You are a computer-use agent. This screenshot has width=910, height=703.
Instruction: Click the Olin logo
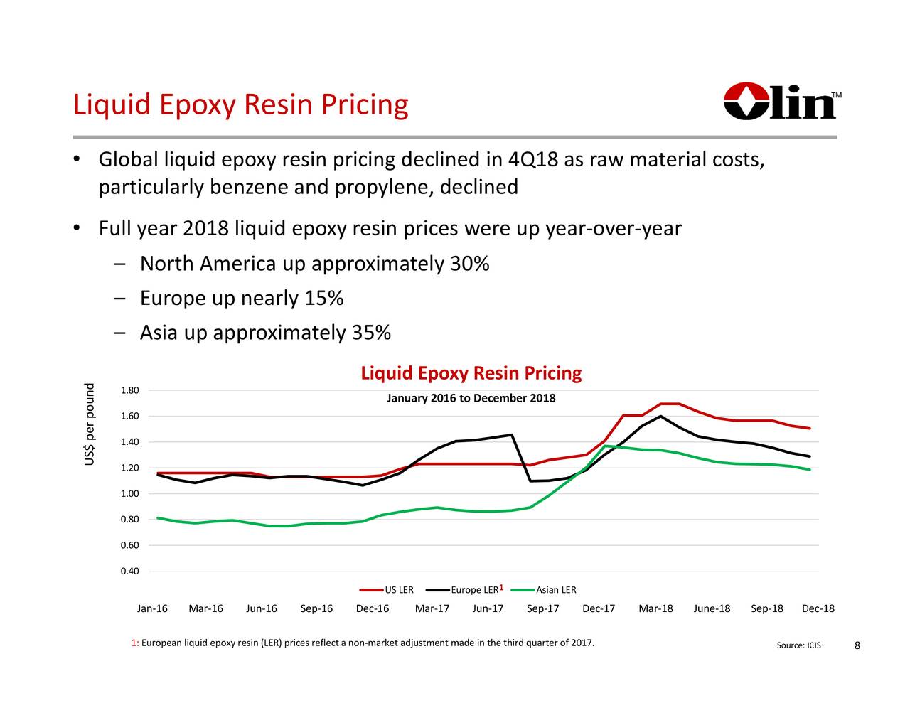[781, 102]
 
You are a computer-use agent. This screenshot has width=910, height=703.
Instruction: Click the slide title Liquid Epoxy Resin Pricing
[240, 105]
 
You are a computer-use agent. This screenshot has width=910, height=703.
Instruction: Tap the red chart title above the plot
[471, 373]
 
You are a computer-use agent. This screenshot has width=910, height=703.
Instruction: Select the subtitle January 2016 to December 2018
[471, 398]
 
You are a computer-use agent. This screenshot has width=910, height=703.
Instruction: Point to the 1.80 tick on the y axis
[130, 390]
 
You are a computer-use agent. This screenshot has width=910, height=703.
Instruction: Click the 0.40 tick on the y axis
[130, 571]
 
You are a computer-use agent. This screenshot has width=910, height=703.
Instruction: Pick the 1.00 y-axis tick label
[130, 494]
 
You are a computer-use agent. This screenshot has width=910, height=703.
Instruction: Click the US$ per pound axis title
[89, 425]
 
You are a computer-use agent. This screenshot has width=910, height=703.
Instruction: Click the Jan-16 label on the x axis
[152, 609]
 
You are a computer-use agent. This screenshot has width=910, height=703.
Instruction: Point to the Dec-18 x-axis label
[818, 609]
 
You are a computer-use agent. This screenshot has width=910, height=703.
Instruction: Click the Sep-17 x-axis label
[542, 609]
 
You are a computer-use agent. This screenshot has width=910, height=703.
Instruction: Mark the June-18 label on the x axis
[712, 609]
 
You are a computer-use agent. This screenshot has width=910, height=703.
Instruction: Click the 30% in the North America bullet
[470, 264]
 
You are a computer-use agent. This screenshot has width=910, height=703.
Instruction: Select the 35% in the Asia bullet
[371, 333]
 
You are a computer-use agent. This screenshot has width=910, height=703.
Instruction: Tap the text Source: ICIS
[798, 645]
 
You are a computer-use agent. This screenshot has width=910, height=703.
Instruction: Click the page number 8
[857, 645]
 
